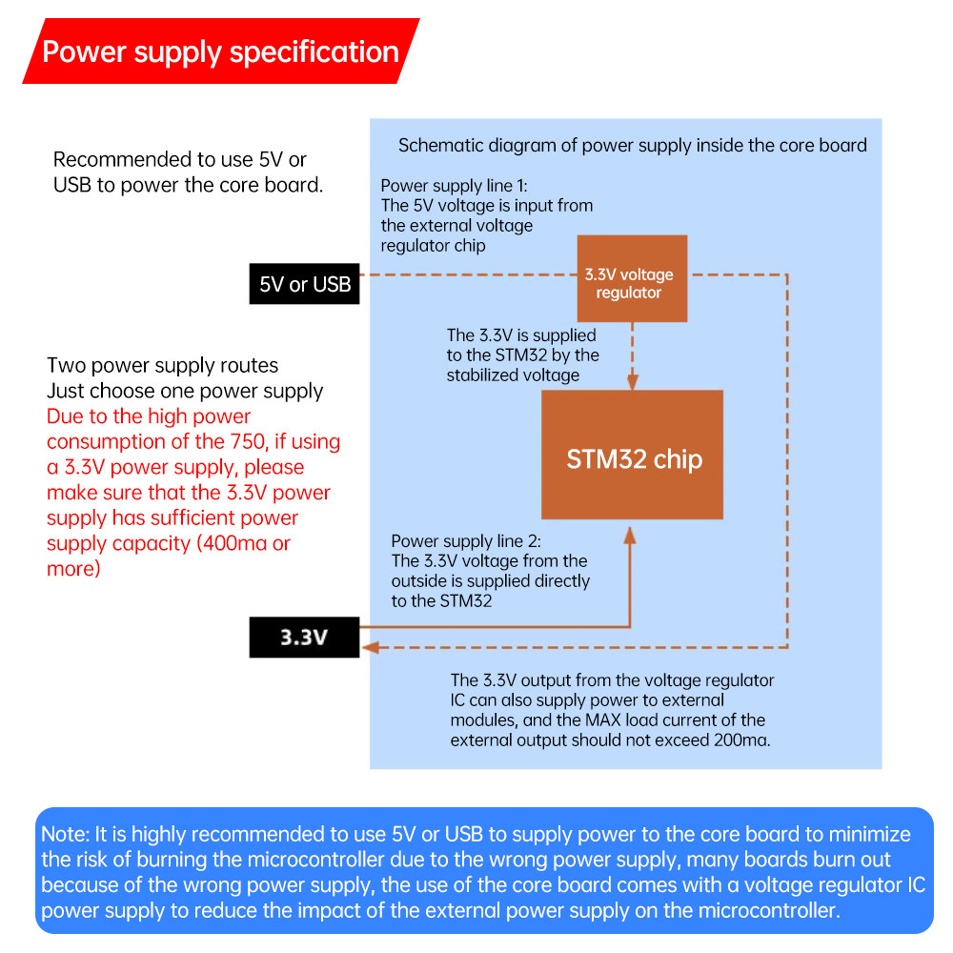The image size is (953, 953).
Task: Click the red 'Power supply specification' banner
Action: [x=221, y=51]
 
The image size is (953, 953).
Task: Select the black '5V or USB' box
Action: [x=305, y=284]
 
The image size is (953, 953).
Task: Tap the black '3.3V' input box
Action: [x=305, y=637]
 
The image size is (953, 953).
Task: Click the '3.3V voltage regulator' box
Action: [x=632, y=278]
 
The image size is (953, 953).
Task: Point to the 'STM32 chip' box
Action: [x=632, y=455]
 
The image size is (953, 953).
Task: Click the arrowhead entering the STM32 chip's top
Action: [x=632, y=382]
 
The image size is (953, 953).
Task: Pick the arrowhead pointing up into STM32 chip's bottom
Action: [x=630, y=535]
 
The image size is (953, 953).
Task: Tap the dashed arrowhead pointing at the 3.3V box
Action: [x=371, y=647]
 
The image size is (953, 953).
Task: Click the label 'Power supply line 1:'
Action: [x=454, y=186]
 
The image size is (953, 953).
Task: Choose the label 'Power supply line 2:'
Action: [x=466, y=541]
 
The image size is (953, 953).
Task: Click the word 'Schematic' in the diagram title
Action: [x=437, y=145]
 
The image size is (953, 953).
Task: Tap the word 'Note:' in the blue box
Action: [x=66, y=834]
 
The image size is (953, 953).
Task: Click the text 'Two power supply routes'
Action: [x=162, y=365]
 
